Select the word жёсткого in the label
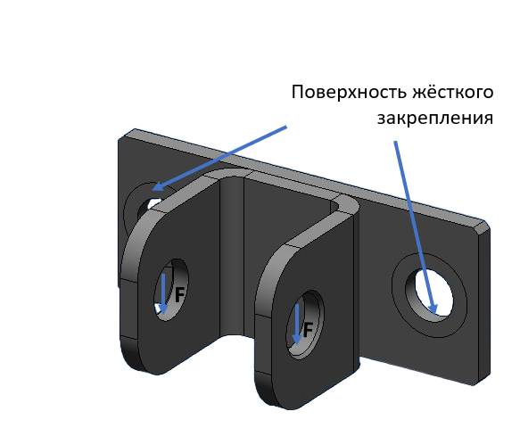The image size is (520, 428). pos(453,92)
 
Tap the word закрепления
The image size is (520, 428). pos(435,119)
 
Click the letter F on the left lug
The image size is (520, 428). pos(179,294)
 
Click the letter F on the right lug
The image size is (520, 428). pos(308,330)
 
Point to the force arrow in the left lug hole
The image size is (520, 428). pos(163,293)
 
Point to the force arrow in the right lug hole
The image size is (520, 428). pos(297,325)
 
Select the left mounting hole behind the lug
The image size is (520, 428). pos(148,206)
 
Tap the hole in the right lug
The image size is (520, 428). pos(305,325)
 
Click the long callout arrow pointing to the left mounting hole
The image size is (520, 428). pos(219,159)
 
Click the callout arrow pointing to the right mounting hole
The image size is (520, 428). pos(416,227)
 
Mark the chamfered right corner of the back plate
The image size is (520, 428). pos(483,226)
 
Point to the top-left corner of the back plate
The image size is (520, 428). pos(119,140)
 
